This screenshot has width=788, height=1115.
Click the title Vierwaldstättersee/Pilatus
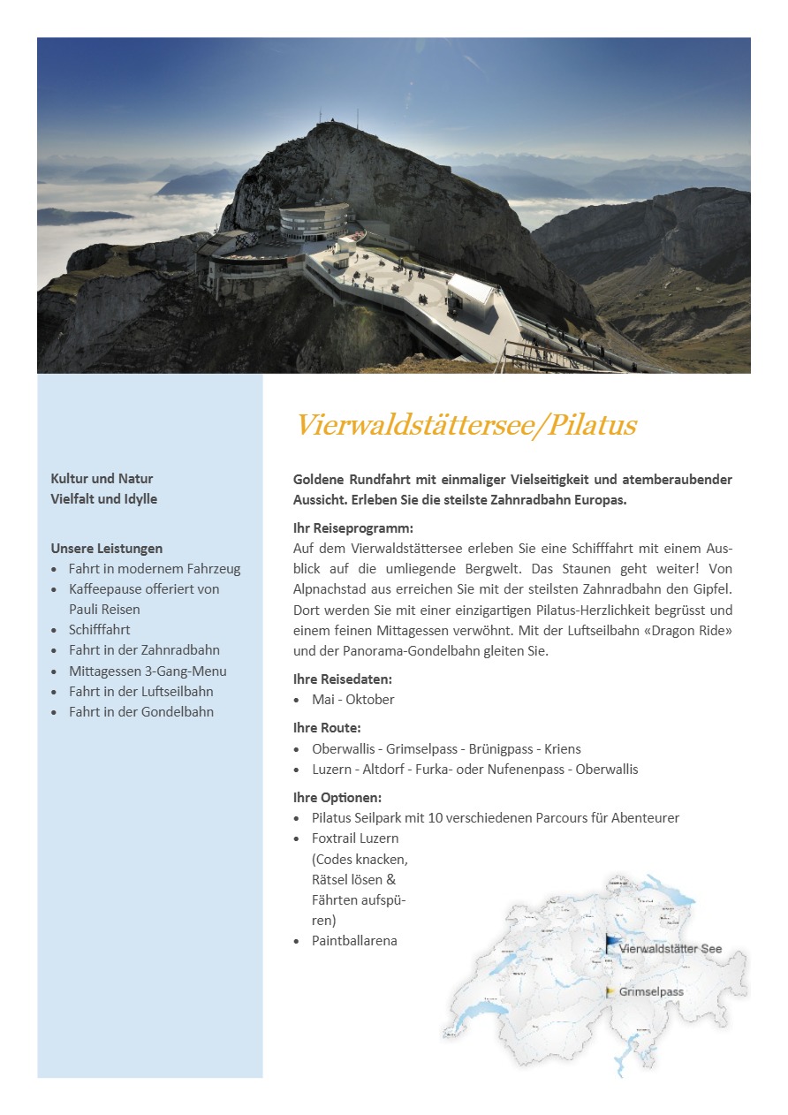click(x=466, y=425)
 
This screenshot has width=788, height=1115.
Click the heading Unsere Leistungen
click(x=106, y=548)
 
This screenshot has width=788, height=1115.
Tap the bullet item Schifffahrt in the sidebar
click(x=99, y=629)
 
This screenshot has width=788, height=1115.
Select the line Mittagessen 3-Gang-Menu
click(x=148, y=671)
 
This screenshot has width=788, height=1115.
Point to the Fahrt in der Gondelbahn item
click(x=141, y=711)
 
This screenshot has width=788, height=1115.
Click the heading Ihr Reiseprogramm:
click(x=352, y=527)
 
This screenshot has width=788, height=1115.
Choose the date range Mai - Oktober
click(x=352, y=699)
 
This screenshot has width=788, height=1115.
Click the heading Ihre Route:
click(x=327, y=728)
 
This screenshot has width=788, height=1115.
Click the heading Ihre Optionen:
click(x=337, y=797)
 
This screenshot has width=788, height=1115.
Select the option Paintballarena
click(x=354, y=940)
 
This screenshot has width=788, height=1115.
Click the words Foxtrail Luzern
click(x=354, y=838)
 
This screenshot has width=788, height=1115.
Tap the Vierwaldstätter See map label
click(x=671, y=949)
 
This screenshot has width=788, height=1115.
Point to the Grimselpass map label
click(x=651, y=991)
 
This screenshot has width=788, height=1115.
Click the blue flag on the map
click(x=611, y=943)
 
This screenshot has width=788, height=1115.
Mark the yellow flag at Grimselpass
click(x=610, y=991)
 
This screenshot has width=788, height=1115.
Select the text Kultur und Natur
click(x=102, y=478)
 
